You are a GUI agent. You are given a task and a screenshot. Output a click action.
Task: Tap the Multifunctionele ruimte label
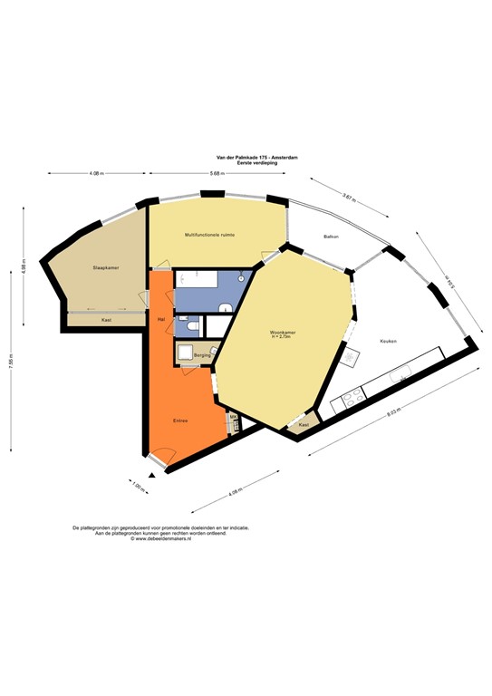pyautogui.click(x=210, y=235)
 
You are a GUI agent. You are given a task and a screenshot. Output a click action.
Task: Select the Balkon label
pyautogui.click(x=331, y=237)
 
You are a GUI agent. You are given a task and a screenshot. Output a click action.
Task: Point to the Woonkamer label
pyautogui.click(x=283, y=333)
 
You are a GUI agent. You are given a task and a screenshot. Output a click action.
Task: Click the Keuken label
pyautogui.click(x=388, y=341)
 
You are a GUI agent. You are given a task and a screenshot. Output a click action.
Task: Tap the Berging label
pyautogui.click(x=201, y=356)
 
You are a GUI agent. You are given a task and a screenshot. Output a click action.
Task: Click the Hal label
pyautogui.click(x=160, y=319)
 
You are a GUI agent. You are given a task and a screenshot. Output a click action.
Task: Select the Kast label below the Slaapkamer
pyautogui.click(x=107, y=320)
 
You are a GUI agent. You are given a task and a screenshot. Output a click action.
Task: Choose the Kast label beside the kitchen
pyautogui.click(x=304, y=424)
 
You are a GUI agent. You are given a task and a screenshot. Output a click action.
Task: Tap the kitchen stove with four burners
pyautogui.click(x=350, y=396)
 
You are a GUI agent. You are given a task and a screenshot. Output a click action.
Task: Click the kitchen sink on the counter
pyautogui.click(x=402, y=371)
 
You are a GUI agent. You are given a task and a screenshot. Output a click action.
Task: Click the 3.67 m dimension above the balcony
pyautogui.click(x=349, y=196)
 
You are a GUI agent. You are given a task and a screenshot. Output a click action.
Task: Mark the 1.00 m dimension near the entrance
pyautogui.click(x=139, y=488)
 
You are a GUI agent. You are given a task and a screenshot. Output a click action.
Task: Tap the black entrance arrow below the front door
pyautogui.click(x=153, y=474)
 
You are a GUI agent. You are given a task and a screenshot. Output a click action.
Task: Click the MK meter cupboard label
pyautogui.click(x=232, y=418)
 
